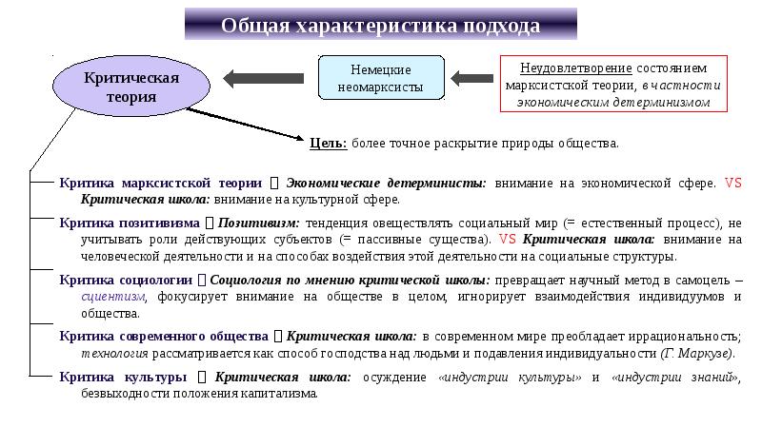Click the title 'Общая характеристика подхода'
pos(380,26)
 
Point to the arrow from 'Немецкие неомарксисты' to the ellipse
pos(262,77)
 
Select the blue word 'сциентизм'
pos(110,297)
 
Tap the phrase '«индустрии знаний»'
pos(677,377)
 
